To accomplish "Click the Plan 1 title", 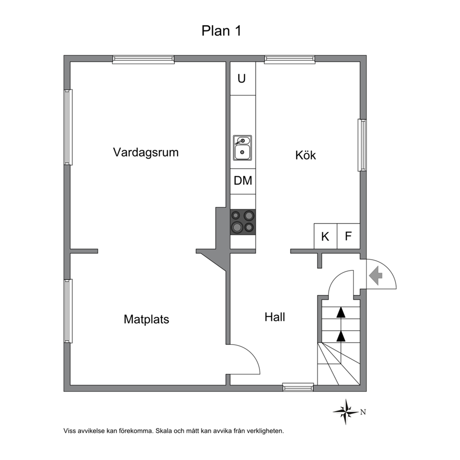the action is click(x=221, y=31).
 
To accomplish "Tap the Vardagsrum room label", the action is click(x=146, y=153).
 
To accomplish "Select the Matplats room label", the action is click(x=147, y=319).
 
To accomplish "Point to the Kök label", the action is click(x=306, y=155).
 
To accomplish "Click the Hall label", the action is click(x=275, y=317).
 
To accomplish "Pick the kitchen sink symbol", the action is click(x=243, y=148).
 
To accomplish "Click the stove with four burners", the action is click(x=243, y=222).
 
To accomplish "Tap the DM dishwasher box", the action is click(x=243, y=181).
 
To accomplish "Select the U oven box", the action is click(x=243, y=78).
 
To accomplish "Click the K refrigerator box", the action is click(x=326, y=236).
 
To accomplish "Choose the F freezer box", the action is click(x=349, y=236).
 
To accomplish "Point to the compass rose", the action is click(x=346, y=412).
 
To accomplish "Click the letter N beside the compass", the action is click(x=363, y=412).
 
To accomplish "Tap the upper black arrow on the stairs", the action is click(x=341, y=312).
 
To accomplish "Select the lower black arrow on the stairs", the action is click(x=341, y=336).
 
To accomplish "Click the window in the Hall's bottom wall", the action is click(x=298, y=387).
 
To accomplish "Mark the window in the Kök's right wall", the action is click(x=362, y=145).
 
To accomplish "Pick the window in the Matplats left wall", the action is click(x=68, y=311).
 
